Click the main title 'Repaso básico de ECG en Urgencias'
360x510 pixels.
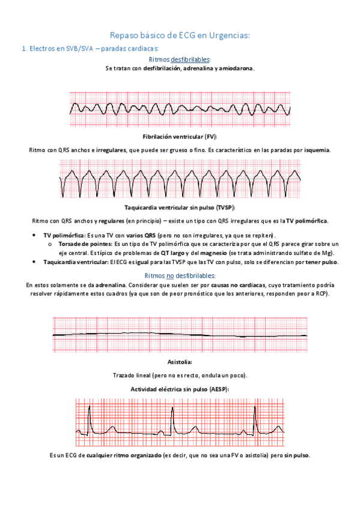coord(180,36)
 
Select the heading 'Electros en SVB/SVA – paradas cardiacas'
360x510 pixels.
coord(90,49)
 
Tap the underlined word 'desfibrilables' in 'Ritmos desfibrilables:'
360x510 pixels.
coord(190,60)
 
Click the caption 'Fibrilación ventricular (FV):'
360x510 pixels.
coord(180,137)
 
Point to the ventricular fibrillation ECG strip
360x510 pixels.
coord(180,109)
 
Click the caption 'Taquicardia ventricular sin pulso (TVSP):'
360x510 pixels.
coord(180,207)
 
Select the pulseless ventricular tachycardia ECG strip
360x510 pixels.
coord(180,179)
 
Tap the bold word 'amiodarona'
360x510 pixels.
coord(237,69)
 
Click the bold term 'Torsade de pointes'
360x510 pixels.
coord(84,244)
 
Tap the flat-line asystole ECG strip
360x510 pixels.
coord(180,334)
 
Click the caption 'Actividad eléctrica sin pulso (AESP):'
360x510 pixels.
coord(180,389)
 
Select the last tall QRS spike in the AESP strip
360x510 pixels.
coord(254,415)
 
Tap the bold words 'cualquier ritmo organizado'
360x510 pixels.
coord(123,456)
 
